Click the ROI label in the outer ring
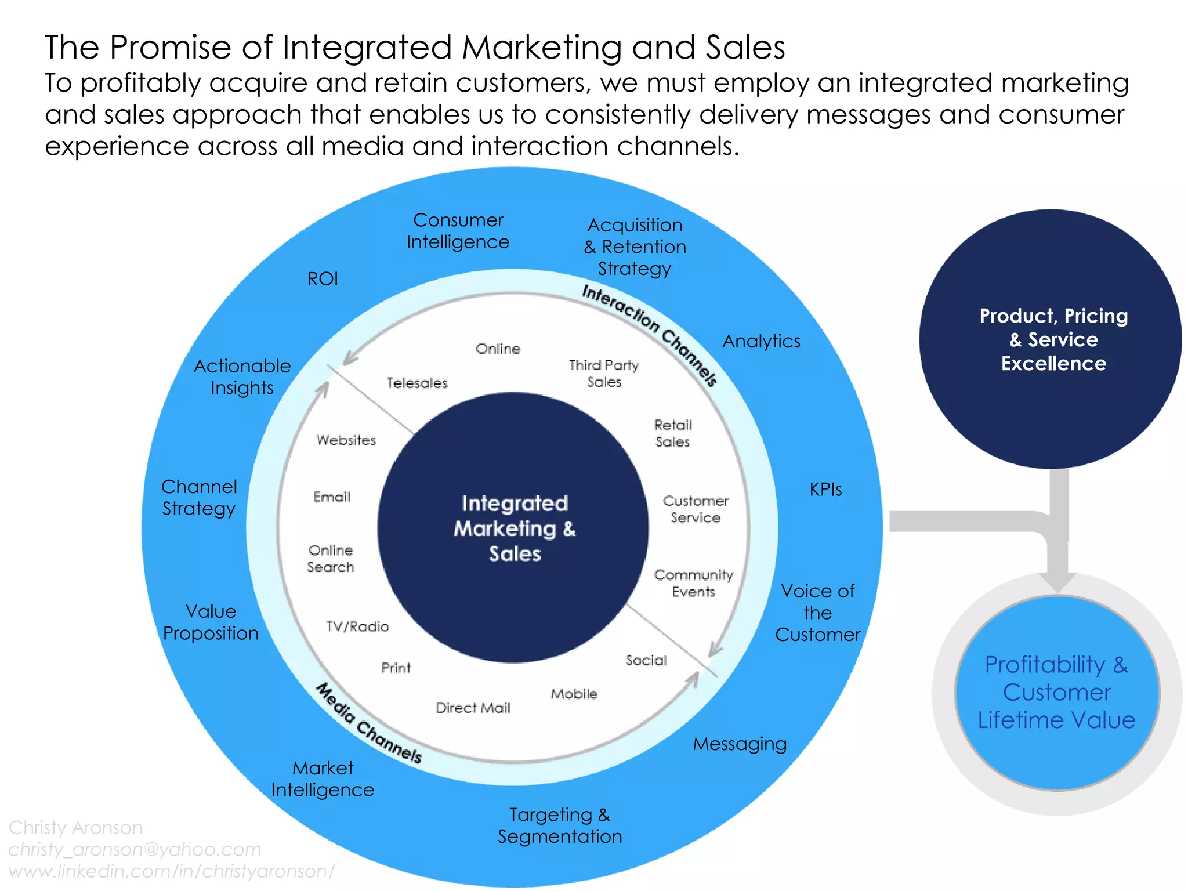pyautogui.click(x=323, y=279)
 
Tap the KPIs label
pyautogui.click(x=825, y=490)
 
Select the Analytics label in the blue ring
pyautogui.click(x=761, y=341)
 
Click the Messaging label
pyautogui.click(x=740, y=744)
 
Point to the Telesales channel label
pyautogui.click(x=417, y=383)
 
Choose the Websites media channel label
pyautogui.click(x=346, y=440)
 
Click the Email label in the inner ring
pyautogui.click(x=332, y=497)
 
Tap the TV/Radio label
pyautogui.click(x=357, y=626)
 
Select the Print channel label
pyautogui.click(x=396, y=668)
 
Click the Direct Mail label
pyautogui.click(x=473, y=708)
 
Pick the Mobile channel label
pyautogui.click(x=574, y=694)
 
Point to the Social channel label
pyautogui.click(x=646, y=660)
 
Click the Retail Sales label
pyautogui.click(x=673, y=433)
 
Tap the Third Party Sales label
pyautogui.click(x=604, y=374)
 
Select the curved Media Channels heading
pyautogui.click(x=369, y=723)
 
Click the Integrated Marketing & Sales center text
pyautogui.click(x=515, y=528)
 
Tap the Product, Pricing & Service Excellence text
pyautogui.click(x=1053, y=339)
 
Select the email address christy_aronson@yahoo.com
pyautogui.click(x=135, y=849)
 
